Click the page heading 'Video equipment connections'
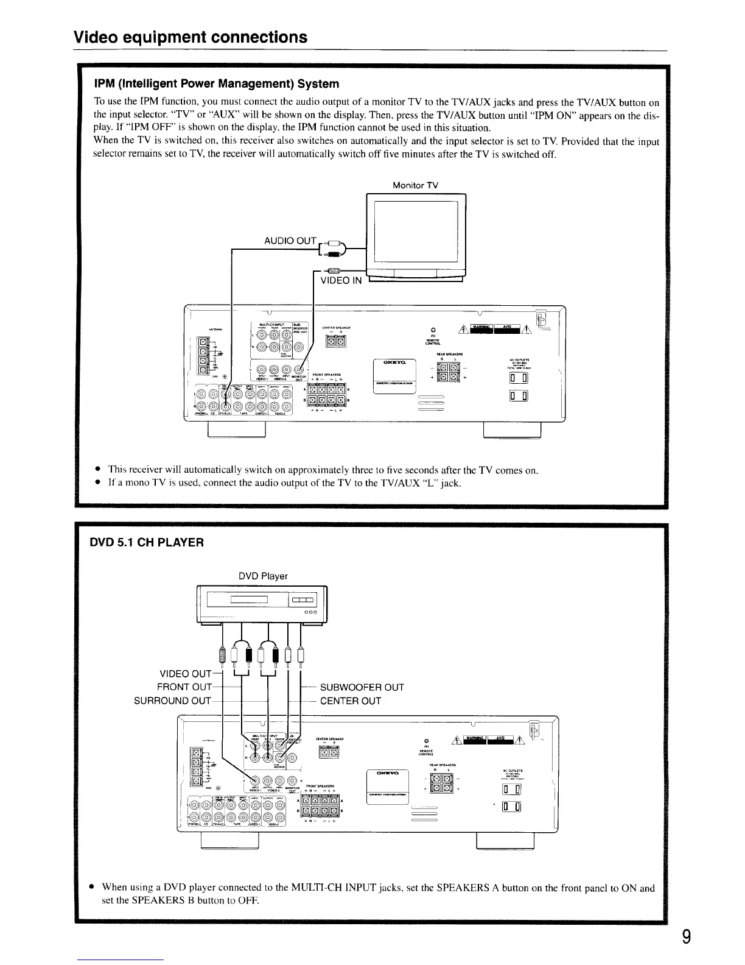190,38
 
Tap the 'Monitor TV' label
416,185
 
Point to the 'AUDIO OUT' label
290,241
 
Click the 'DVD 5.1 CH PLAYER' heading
147,542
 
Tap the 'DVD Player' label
263,576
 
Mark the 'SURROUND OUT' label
172,701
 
